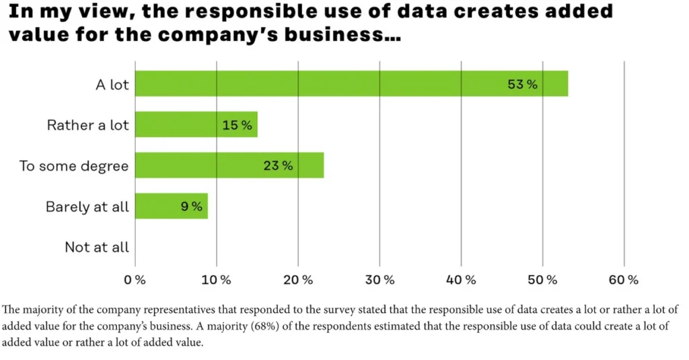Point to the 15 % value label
pyautogui.click(x=237, y=125)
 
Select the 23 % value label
pyautogui.click(x=278, y=166)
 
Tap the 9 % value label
pyautogui.click(x=192, y=207)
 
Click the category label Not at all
pyautogui.click(x=96, y=247)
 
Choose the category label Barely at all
pyautogui.click(x=87, y=207)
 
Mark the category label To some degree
pyautogui.click(x=73, y=166)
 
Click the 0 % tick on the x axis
pyautogui.click(x=135, y=279)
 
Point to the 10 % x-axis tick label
pyautogui.click(x=217, y=279)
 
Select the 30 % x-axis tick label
pyautogui.click(x=379, y=279)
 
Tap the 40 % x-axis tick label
pyautogui.click(x=461, y=279)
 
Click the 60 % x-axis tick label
pyautogui.click(x=624, y=279)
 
